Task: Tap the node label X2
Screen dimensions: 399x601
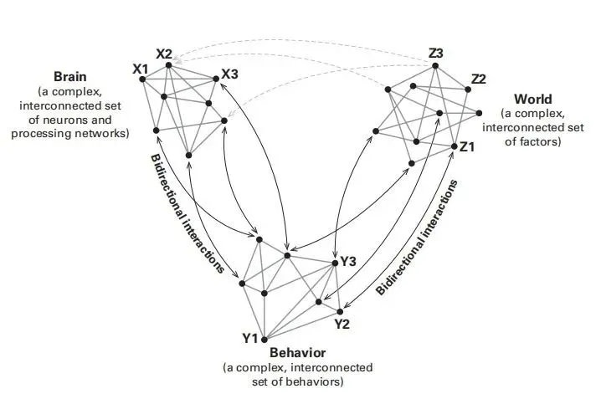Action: pos(164,54)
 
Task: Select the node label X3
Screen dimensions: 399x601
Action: pos(229,73)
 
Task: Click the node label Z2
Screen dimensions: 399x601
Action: pos(478,79)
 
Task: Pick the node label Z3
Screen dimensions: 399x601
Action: pos(435,54)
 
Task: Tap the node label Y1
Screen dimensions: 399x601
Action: pos(249,338)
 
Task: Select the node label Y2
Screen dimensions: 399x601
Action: pos(342,323)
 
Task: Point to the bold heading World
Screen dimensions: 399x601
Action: pos(533,100)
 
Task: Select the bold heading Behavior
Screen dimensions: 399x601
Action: pos(297,353)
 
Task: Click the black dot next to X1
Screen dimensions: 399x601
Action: pos(143,79)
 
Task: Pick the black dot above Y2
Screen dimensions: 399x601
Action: pos(340,311)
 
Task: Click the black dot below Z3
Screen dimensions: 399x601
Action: pos(435,66)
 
